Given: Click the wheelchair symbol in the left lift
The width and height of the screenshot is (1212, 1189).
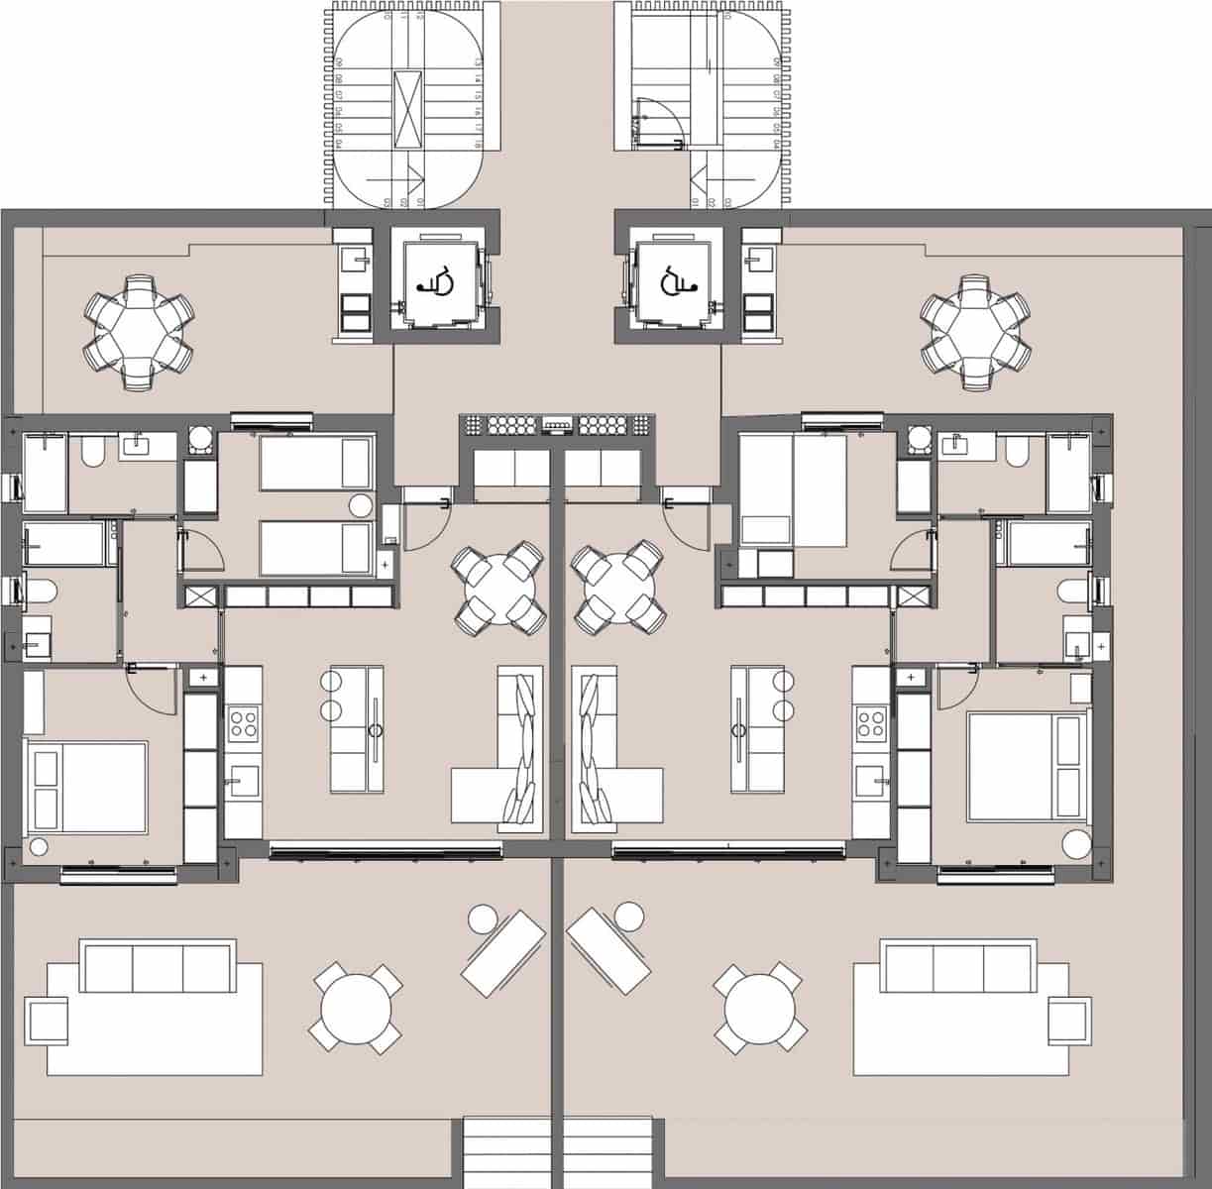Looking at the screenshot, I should pos(436,282).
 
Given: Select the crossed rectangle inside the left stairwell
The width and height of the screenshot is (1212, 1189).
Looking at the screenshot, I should pos(407,109).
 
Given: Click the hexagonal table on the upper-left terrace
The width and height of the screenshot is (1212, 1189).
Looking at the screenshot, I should pos(138,330).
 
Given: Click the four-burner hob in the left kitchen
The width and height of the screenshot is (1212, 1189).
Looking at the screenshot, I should pos(243,724).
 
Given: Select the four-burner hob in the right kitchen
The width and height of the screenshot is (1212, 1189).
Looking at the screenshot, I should pos(870,724).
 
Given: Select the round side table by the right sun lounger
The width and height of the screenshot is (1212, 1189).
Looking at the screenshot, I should pos(628,917).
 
